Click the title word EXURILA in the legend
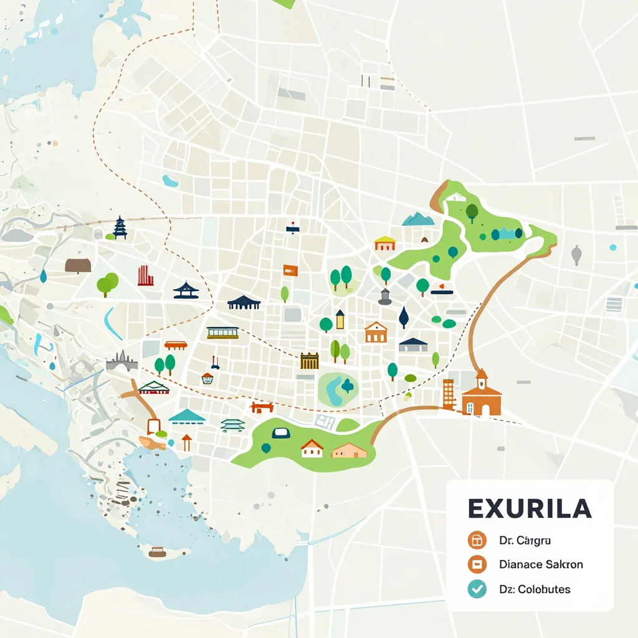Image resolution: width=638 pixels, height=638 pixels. coord(529,508)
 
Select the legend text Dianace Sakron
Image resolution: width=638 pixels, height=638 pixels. coord(541,564)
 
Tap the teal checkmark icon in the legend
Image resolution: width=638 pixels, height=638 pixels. coord(477,589)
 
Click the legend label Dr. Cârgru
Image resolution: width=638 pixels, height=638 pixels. coord(524,540)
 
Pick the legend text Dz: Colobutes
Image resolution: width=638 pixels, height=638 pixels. coord(535,589)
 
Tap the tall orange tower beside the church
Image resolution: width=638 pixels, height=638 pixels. coord(449,394)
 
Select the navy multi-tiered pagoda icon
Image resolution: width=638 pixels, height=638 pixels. coord(120,228)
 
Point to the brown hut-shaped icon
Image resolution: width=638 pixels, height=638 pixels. coord(78,265)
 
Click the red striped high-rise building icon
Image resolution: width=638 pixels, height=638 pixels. coord(145,275)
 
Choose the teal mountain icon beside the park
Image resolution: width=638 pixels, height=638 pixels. coord(418,219)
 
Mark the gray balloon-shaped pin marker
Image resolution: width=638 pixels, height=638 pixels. coord(576,254)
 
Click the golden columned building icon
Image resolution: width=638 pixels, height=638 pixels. coord(309,361)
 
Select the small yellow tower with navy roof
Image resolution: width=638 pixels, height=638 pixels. coord(340,319)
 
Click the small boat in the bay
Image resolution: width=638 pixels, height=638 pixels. coord(158,551)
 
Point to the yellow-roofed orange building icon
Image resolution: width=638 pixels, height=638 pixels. coord(385,244)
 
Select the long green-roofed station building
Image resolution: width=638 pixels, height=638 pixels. coord(222,332)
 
